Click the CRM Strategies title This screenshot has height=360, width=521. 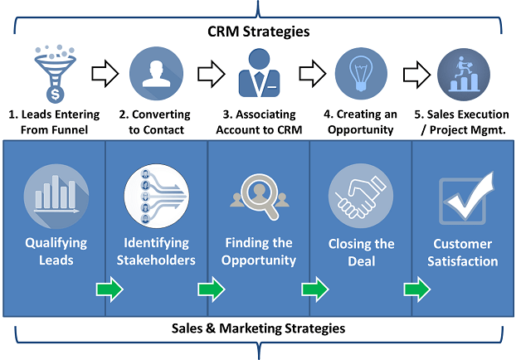coord(258,32)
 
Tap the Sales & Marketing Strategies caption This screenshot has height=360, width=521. coord(259,328)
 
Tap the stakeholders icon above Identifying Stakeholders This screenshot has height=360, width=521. coord(157,197)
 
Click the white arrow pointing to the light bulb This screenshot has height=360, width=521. coord(312,73)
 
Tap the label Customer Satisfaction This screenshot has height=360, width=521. coord(464,253)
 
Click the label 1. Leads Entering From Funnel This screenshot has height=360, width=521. coord(55,122)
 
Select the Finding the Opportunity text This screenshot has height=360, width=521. coord(259,251)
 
